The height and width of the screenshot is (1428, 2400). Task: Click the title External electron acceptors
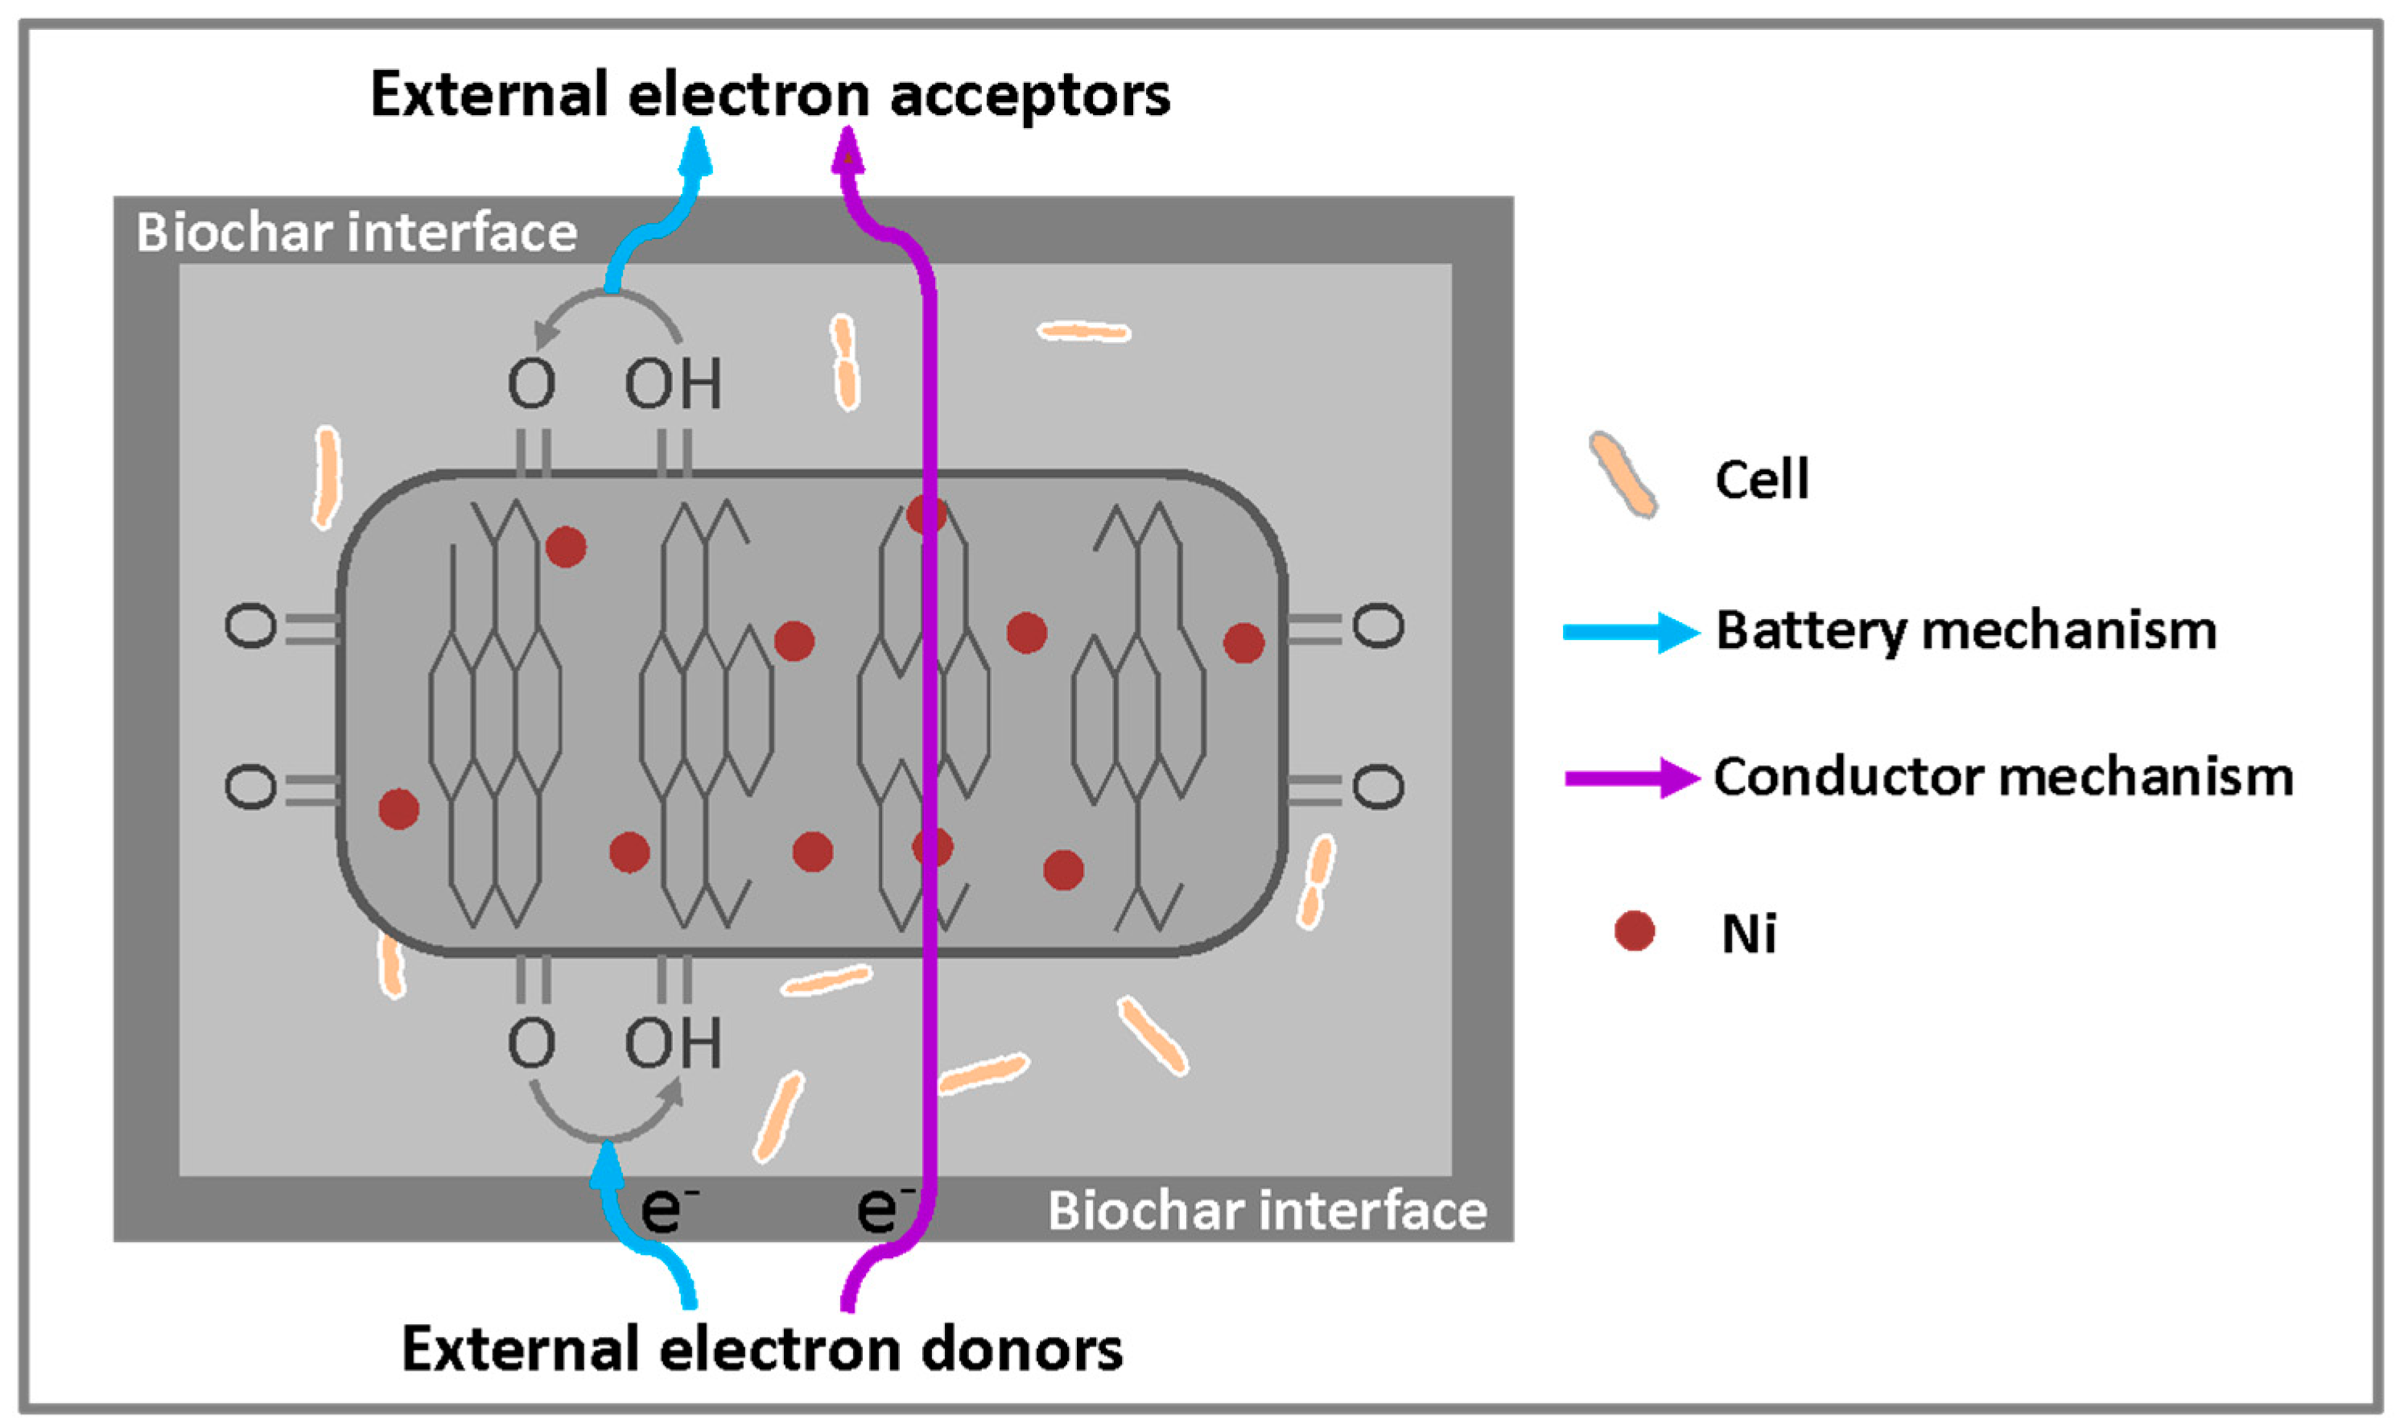pyautogui.click(x=770, y=95)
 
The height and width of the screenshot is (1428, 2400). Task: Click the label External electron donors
pyautogui.click(x=762, y=1349)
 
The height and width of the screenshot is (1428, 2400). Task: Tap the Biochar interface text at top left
pyautogui.click(x=356, y=232)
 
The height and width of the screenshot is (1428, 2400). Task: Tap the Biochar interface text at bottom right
pyautogui.click(x=1267, y=1211)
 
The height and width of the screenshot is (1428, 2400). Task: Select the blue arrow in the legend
pyautogui.click(x=1631, y=632)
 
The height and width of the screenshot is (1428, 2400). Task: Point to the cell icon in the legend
pyautogui.click(x=1623, y=474)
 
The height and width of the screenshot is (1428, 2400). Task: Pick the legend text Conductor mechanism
pyautogui.click(x=2004, y=778)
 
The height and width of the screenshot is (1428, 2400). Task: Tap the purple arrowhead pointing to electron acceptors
pyautogui.click(x=847, y=151)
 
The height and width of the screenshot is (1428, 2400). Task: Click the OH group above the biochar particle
pyautogui.click(x=674, y=384)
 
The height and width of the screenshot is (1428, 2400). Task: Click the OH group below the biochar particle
pyautogui.click(x=674, y=1043)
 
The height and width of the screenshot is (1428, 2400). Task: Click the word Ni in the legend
pyautogui.click(x=1749, y=934)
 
